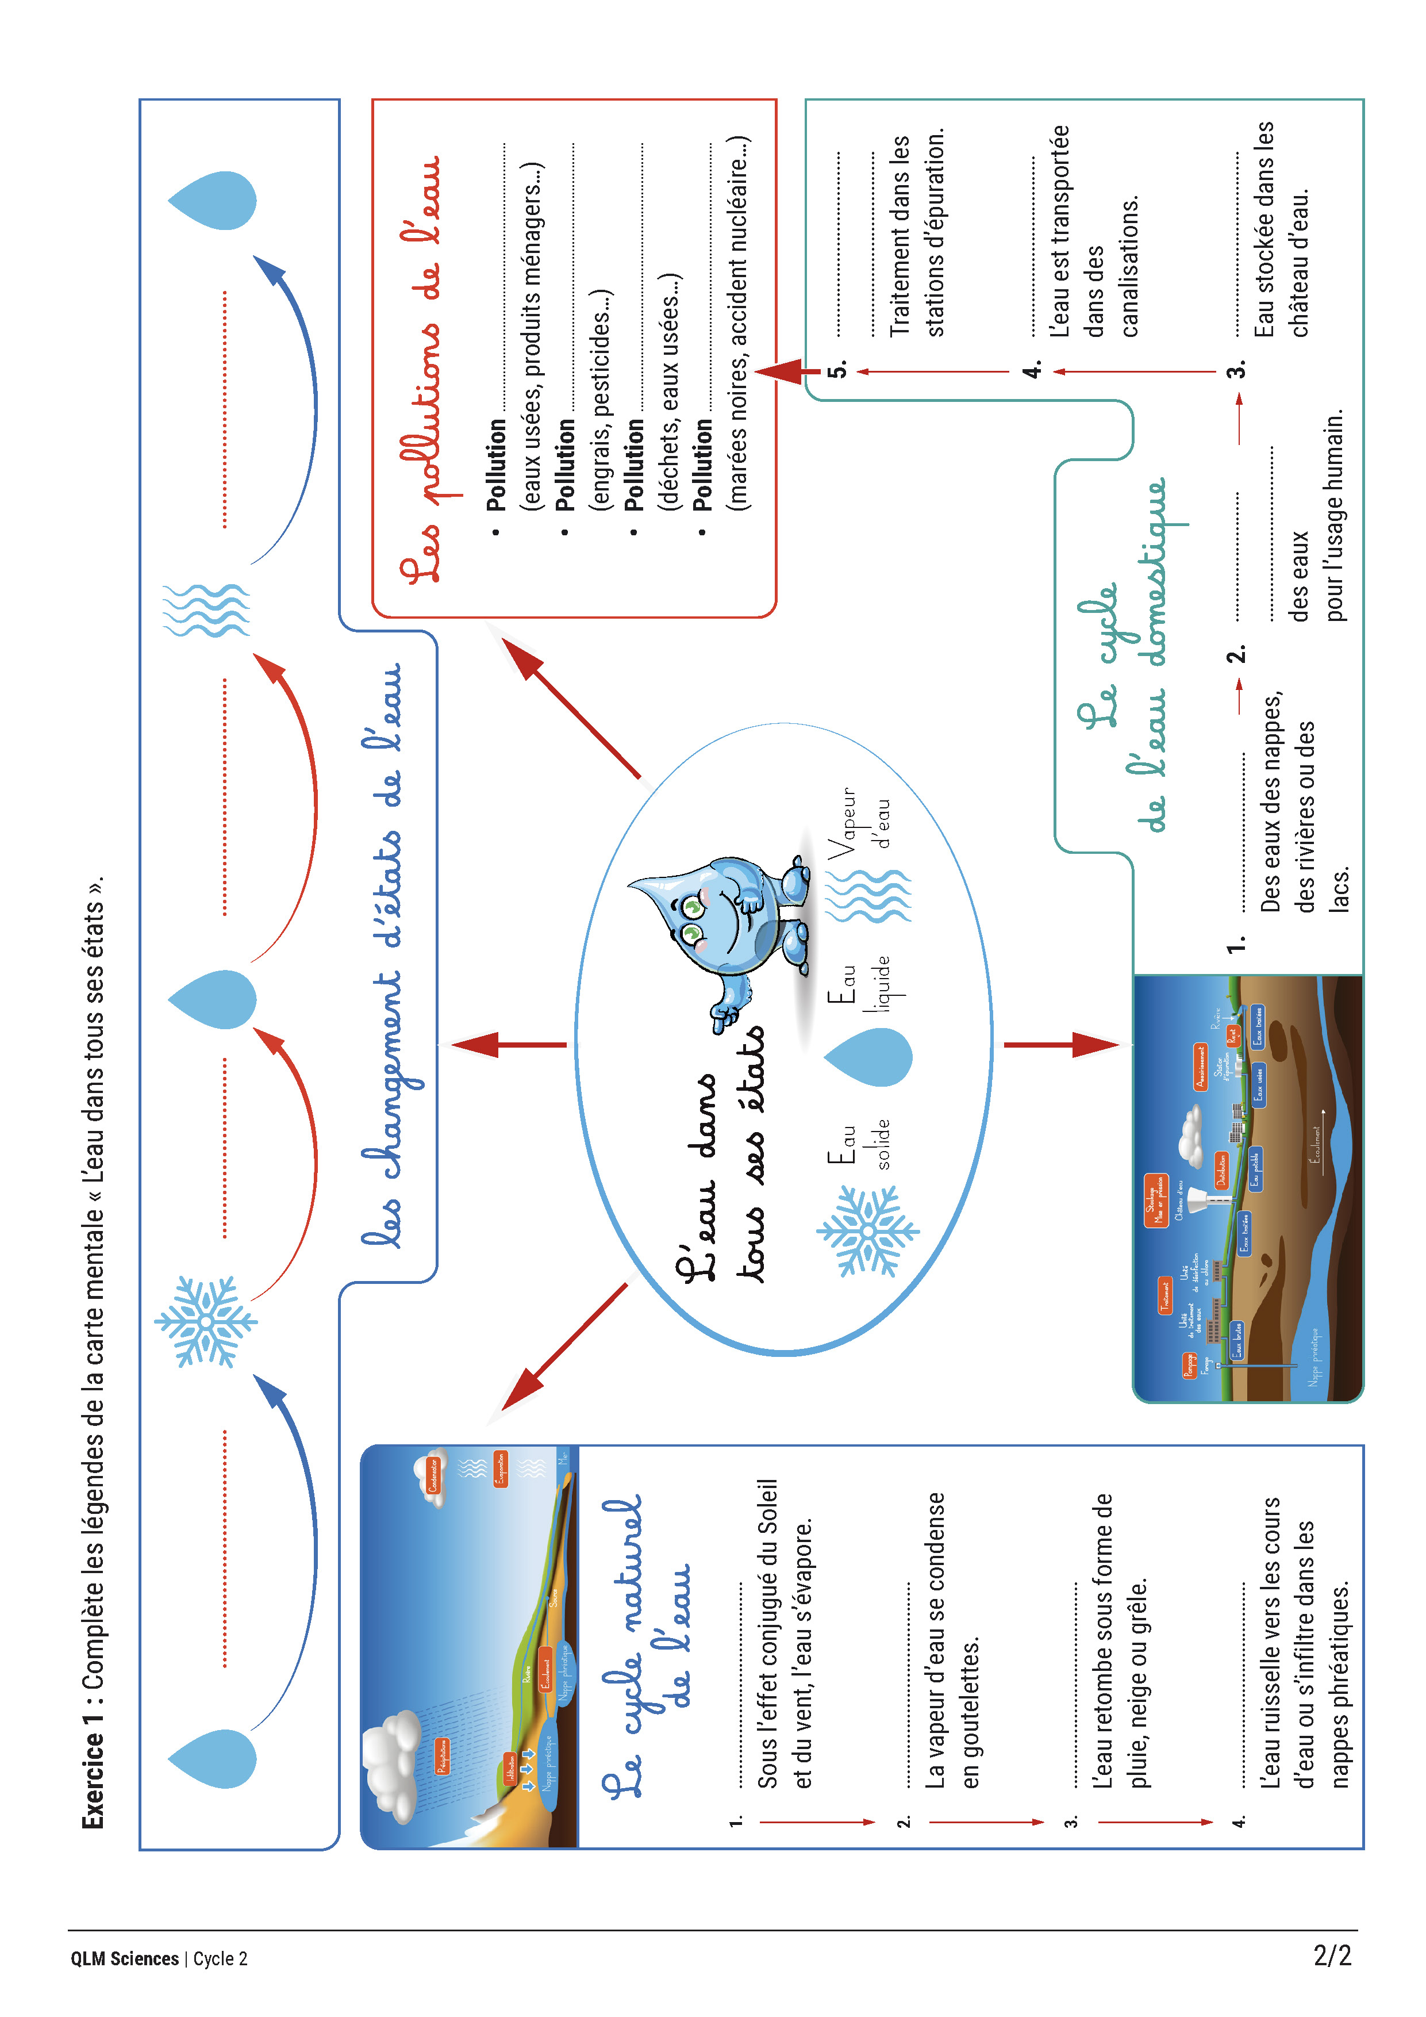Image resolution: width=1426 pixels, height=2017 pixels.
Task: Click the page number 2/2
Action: tap(1332, 1957)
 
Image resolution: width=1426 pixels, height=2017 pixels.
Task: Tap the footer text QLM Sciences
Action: tap(125, 1959)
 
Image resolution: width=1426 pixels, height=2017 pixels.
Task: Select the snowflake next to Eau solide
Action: tap(867, 1231)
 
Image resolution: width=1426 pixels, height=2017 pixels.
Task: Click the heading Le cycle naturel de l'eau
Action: tap(645, 1643)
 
